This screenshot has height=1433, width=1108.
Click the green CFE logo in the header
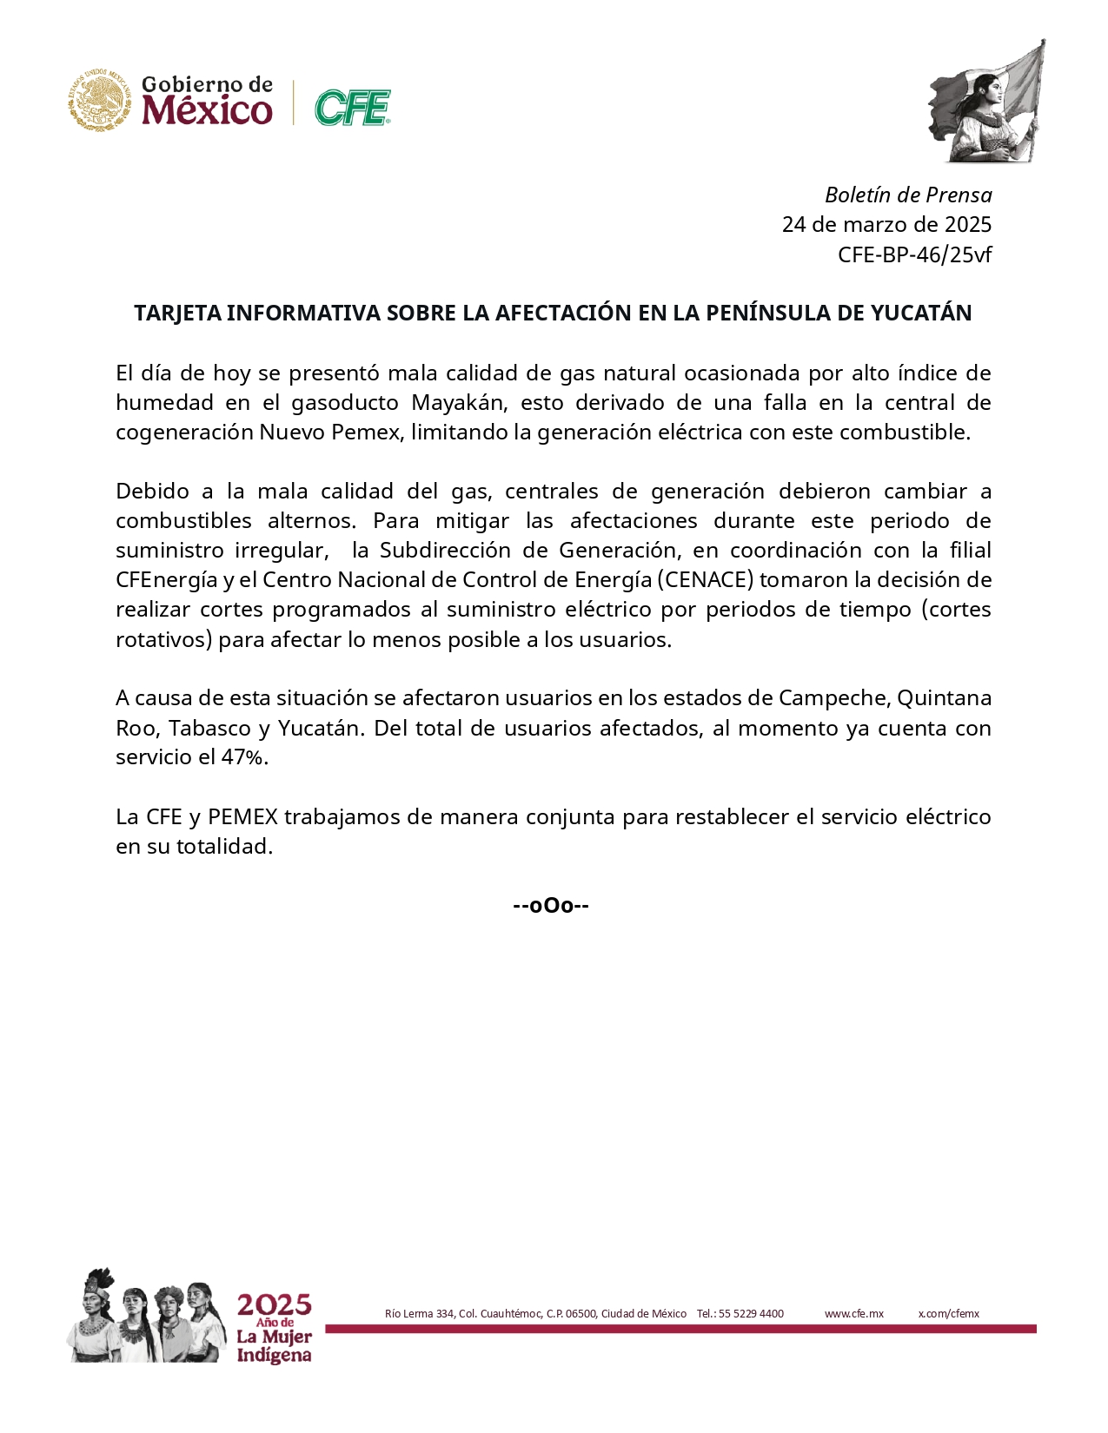352,108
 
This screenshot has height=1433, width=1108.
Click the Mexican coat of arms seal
101,101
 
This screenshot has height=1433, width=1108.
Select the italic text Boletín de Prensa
908,195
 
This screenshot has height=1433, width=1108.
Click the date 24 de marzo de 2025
886,224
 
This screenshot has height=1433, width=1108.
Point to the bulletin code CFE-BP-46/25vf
914,254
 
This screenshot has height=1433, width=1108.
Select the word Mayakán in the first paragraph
460,402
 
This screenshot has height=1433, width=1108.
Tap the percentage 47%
245,756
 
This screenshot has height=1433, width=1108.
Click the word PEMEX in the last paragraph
242,816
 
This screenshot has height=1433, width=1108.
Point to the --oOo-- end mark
551,906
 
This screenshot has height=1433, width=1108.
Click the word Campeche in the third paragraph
833,697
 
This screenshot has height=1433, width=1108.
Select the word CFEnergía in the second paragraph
166,579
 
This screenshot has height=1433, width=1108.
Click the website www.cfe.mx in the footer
853,1313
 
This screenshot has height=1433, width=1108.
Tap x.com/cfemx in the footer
948,1313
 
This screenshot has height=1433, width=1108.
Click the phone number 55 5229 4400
751,1313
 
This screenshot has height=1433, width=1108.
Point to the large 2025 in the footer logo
274,1304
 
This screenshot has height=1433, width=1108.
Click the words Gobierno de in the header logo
207,84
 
